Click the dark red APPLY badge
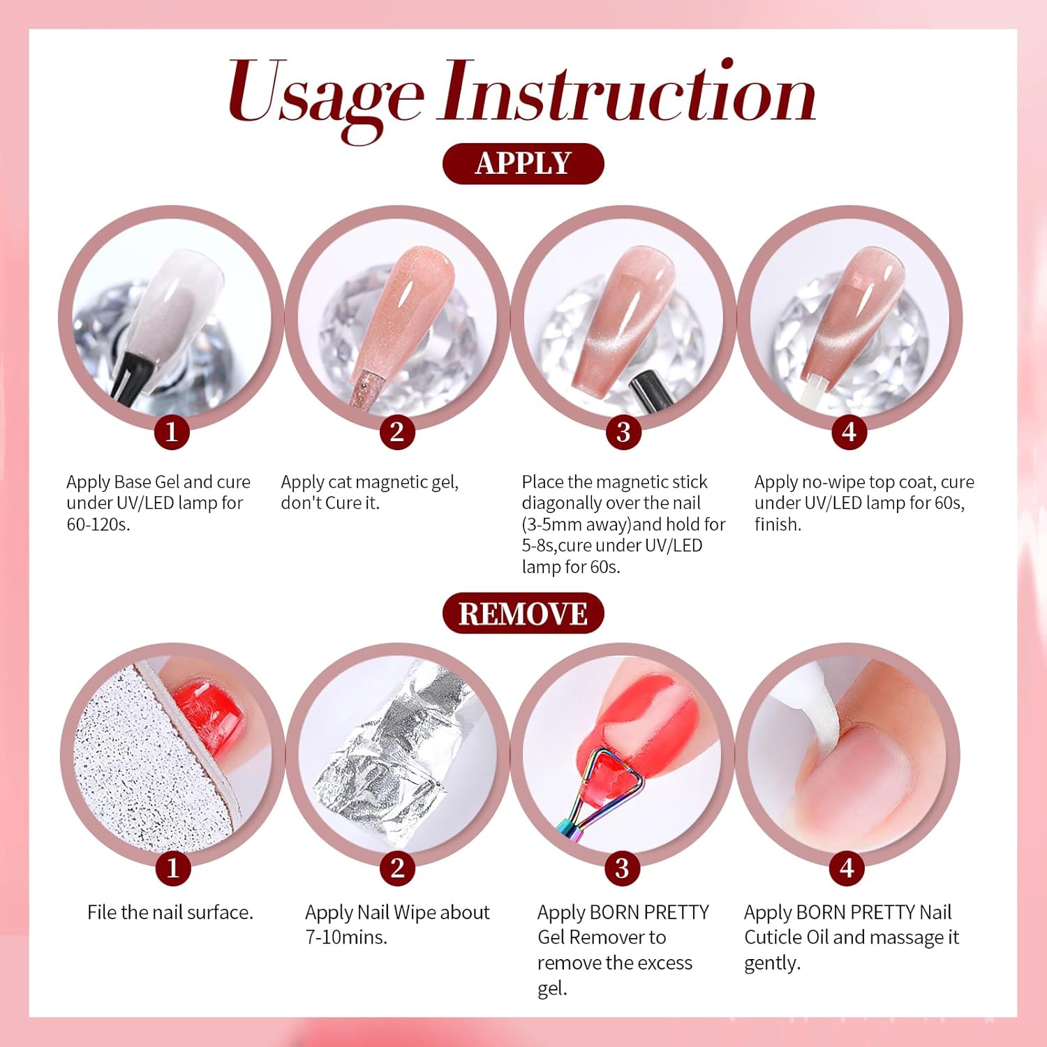pos(523,163)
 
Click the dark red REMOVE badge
pos(523,614)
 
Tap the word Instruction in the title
pos(628,94)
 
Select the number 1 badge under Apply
pos(172,432)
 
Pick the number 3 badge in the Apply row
pos(623,432)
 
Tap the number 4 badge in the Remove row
pos(847,868)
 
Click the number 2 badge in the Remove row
pos(397,868)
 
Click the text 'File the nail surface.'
pos(170,912)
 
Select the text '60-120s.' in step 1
pos(98,524)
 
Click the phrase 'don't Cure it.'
pos(330,503)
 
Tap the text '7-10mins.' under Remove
pos(346,937)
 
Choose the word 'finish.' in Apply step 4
pos(778,524)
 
